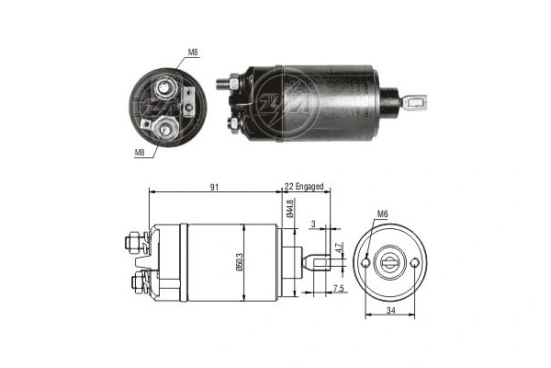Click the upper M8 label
[192, 52]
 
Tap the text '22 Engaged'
[304, 188]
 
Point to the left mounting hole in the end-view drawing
[366, 263]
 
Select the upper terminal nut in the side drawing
[131, 244]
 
